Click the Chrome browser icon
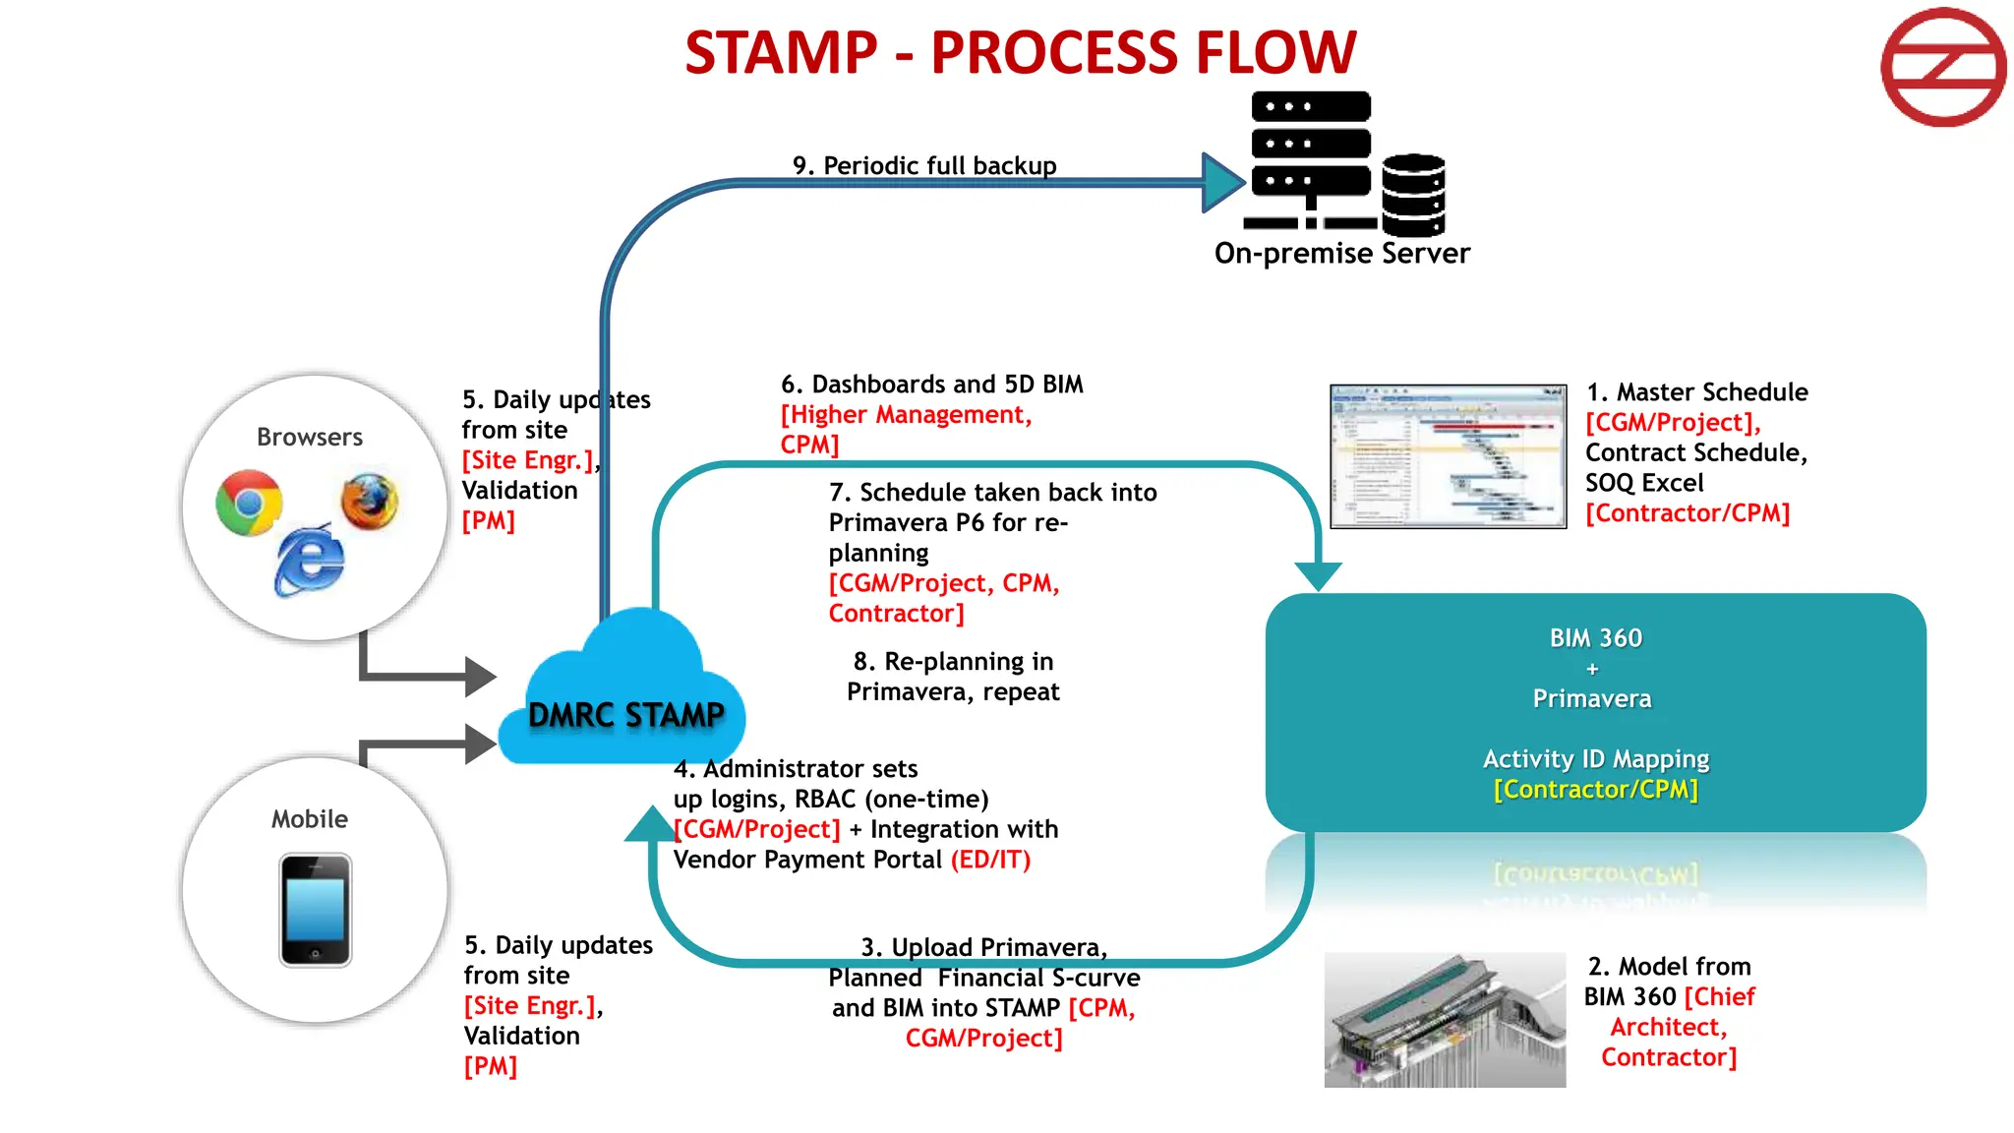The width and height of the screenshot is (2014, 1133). point(249,503)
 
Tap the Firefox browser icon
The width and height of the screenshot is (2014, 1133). point(370,502)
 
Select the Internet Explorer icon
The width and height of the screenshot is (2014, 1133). point(310,561)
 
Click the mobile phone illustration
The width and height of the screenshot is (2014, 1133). point(315,910)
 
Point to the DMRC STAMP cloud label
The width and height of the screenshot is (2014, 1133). point(625,715)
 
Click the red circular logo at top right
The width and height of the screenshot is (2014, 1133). point(1943,67)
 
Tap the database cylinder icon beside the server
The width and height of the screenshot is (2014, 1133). point(1413,195)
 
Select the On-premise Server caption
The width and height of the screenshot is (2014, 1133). point(1341,254)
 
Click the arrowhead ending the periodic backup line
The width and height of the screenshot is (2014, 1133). point(1222,182)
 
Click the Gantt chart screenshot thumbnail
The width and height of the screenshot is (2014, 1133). point(1448,456)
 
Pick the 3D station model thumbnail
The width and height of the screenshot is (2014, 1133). point(1445,1020)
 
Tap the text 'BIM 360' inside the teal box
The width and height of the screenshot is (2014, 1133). point(1595,638)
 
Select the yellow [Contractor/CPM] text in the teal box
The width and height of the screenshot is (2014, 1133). point(1595,790)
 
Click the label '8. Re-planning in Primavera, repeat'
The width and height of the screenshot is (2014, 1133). point(953,677)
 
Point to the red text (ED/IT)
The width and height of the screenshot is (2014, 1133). point(990,860)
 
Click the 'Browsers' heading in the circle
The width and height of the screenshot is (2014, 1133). point(310,437)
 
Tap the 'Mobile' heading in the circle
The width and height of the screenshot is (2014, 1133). point(310,819)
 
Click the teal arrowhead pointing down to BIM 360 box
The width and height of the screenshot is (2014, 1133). point(1318,575)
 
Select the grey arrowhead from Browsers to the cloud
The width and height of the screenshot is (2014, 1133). point(480,676)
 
